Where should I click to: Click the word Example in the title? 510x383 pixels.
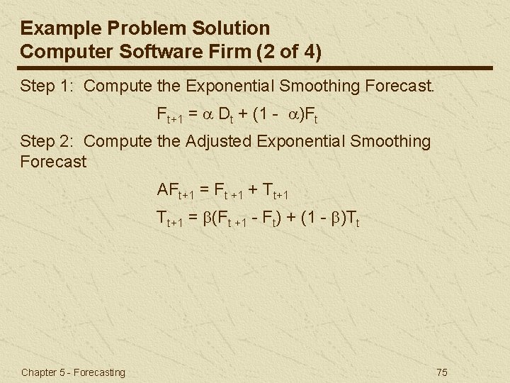(x=55, y=28)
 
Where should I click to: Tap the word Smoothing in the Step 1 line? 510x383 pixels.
(x=317, y=87)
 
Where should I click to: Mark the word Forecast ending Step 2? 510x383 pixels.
(x=54, y=162)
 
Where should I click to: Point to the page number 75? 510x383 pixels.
(x=443, y=372)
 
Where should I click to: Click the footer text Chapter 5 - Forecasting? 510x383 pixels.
(x=73, y=372)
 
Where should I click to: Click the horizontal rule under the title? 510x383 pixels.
(x=255, y=67)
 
